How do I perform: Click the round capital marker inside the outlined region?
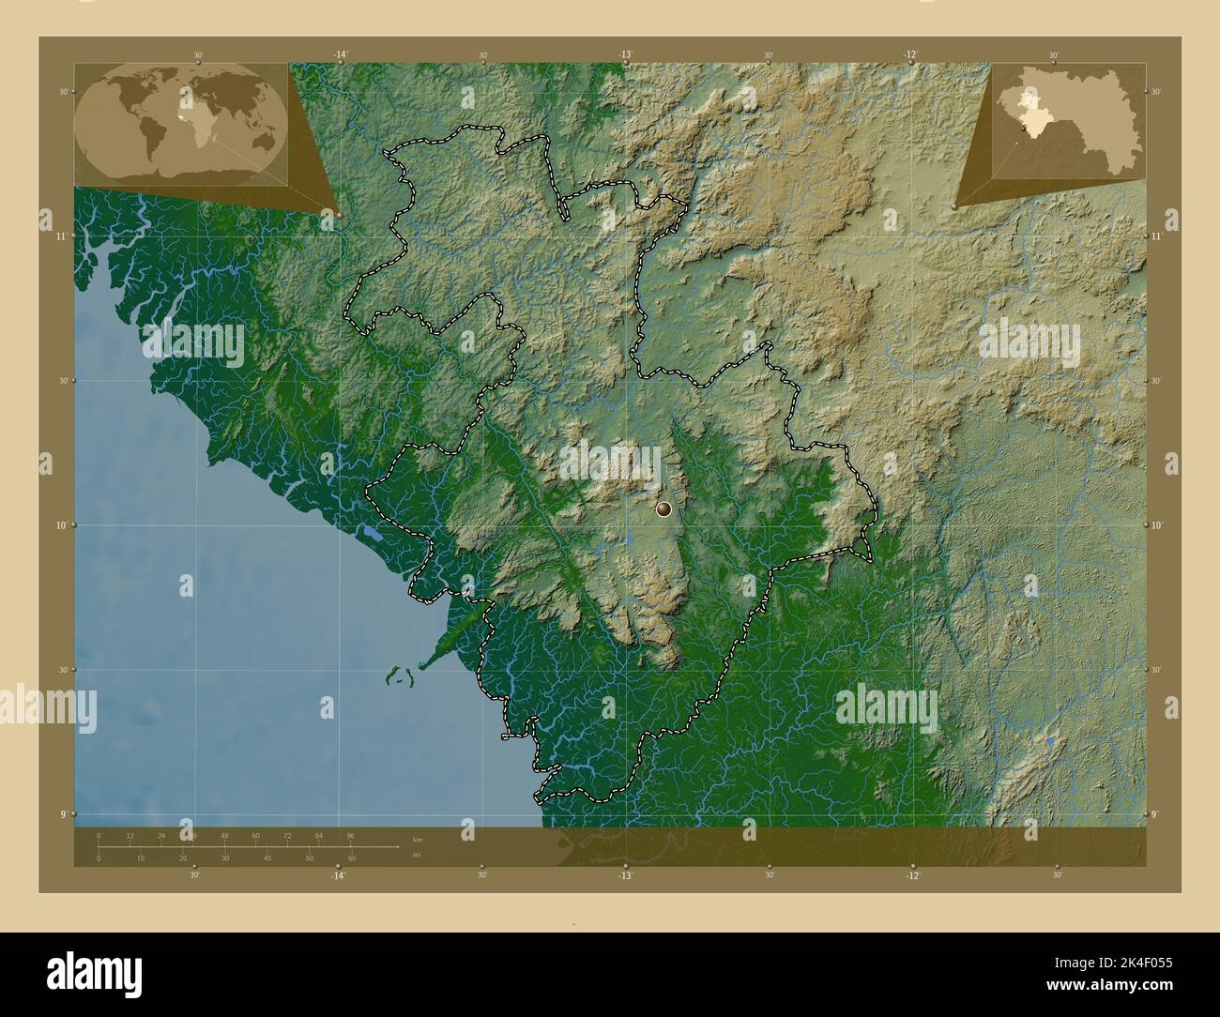[x=664, y=509]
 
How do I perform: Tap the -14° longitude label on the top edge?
[x=340, y=55]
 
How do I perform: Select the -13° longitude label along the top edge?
[x=626, y=55]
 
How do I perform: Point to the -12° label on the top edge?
[x=910, y=55]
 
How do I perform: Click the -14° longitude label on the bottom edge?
[x=338, y=875]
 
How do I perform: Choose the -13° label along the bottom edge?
[x=625, y=875]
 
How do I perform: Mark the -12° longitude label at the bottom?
[x=912, y=875]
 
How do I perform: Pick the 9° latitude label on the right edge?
[x=1156, y=814]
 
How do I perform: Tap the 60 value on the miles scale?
[x=352, y=858]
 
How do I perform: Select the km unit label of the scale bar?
[x=418, y=840]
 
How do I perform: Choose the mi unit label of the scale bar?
[x=417, y=855]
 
